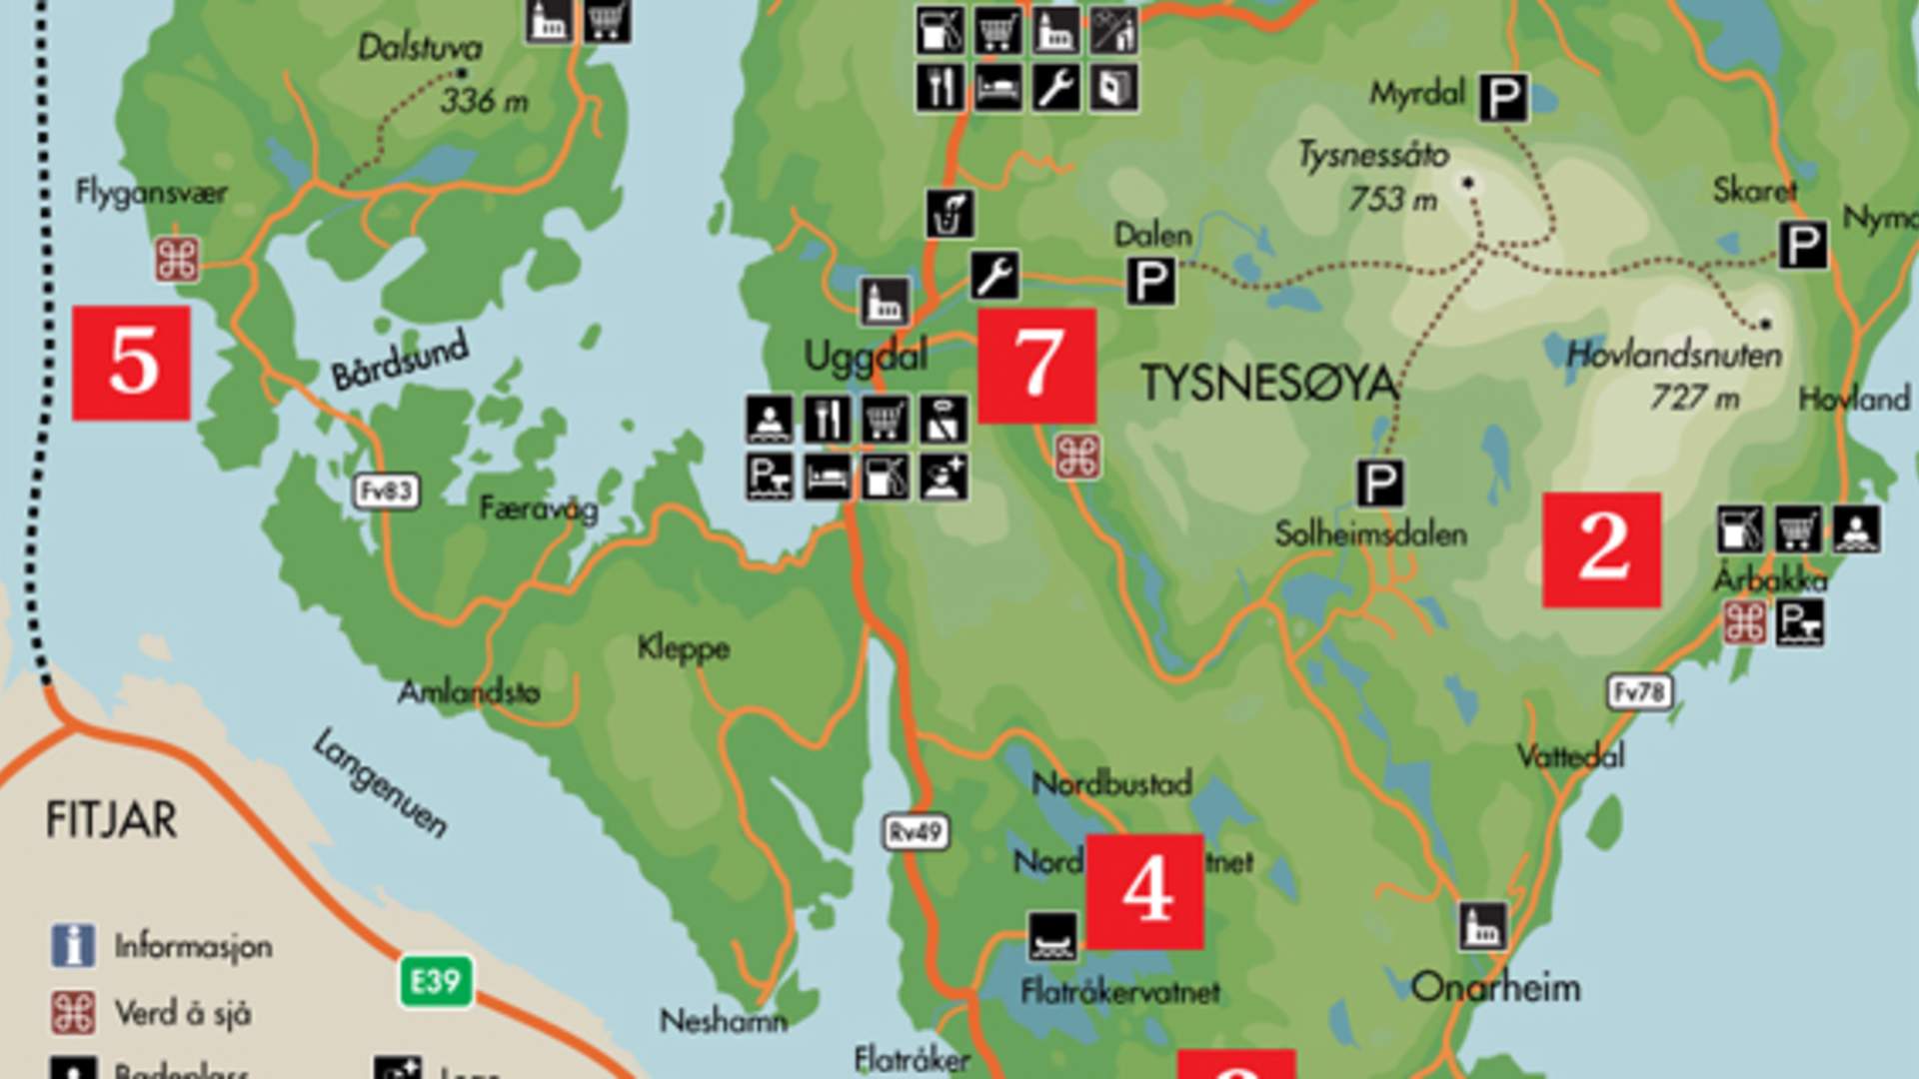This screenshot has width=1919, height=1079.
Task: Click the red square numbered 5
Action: [131, 363]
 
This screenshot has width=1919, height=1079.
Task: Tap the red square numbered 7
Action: [1036, 366]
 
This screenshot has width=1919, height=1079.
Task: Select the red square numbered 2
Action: [1601, 549]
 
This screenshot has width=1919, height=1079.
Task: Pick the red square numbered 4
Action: [1144, 891]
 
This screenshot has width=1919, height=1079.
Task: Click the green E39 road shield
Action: [436, 982]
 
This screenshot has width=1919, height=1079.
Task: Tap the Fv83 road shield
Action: [387, 492]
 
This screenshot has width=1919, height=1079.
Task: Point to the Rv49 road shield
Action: [916, 832]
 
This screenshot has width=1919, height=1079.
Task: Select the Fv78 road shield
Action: [1640, 692]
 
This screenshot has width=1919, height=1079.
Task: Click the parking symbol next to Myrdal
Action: [1503, 98]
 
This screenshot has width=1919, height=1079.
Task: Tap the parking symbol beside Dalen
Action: [1150, 281]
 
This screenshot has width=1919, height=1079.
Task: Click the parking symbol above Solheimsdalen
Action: [1379, 484]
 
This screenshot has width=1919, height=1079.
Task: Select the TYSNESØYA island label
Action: [1269, 385]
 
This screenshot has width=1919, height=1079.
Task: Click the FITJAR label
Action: [112, 821]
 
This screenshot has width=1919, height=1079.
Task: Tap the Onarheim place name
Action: [1496, 988]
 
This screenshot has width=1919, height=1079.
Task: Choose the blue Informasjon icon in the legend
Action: [73, 945]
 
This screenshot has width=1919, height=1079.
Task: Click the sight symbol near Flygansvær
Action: [177, 261]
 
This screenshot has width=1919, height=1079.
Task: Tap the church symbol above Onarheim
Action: [1482, 926]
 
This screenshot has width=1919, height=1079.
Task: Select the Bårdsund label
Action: [400, 360]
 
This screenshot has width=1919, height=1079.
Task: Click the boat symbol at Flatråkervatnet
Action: [1053, 936]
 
